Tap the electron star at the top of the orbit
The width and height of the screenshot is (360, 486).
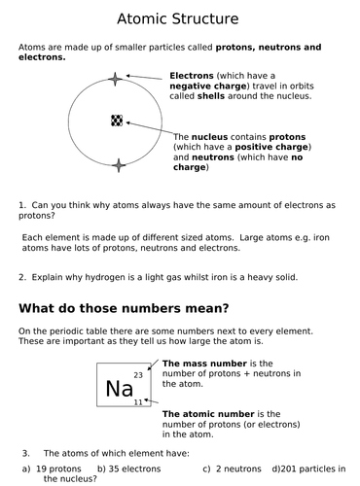tap(116, 79)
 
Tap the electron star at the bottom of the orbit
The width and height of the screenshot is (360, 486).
tap(119, 165)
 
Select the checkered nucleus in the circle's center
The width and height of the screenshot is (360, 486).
tap(117, 121)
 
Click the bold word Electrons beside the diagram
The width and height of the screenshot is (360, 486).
tap(195, 75)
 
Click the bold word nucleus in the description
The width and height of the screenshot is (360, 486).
tap(212, 137)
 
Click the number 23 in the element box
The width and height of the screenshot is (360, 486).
tap(138, 374)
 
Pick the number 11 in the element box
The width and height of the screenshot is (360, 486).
tap(138, 402)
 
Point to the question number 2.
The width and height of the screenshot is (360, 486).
tap(21, 277)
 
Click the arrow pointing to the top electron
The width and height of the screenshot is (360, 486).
tap(146, 77)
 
